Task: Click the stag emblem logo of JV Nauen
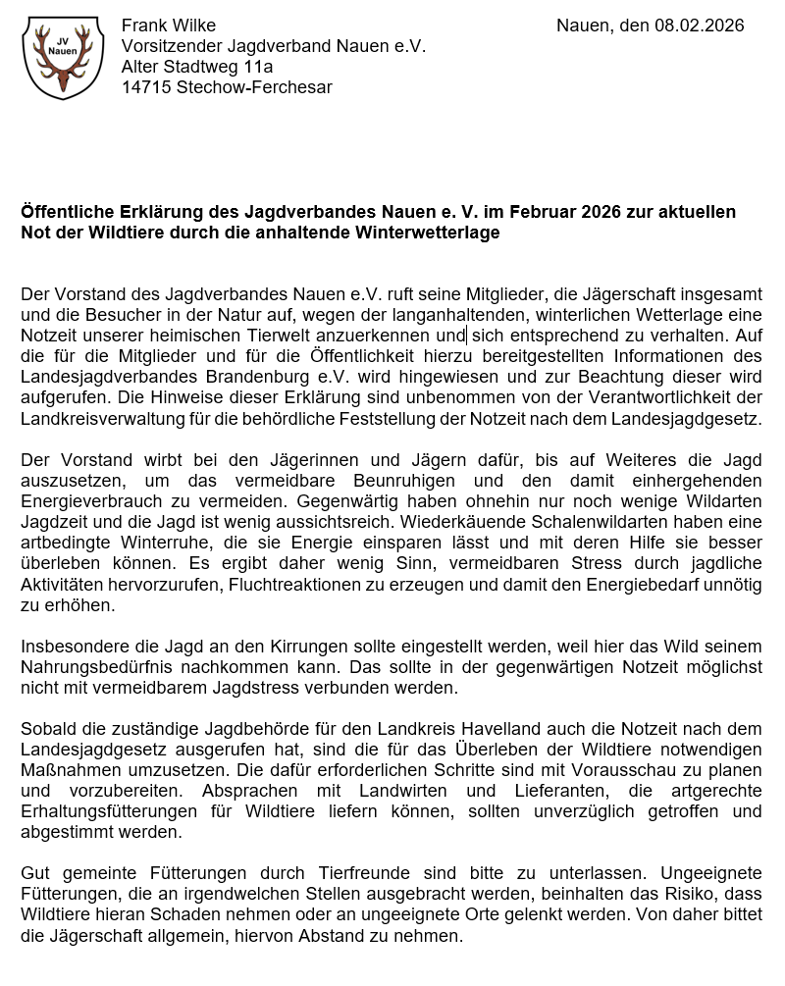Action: (62, 58)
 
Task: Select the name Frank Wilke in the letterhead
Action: (169, 26)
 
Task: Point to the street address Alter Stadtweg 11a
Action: (197, 67)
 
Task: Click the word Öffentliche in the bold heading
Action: (68, 212)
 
